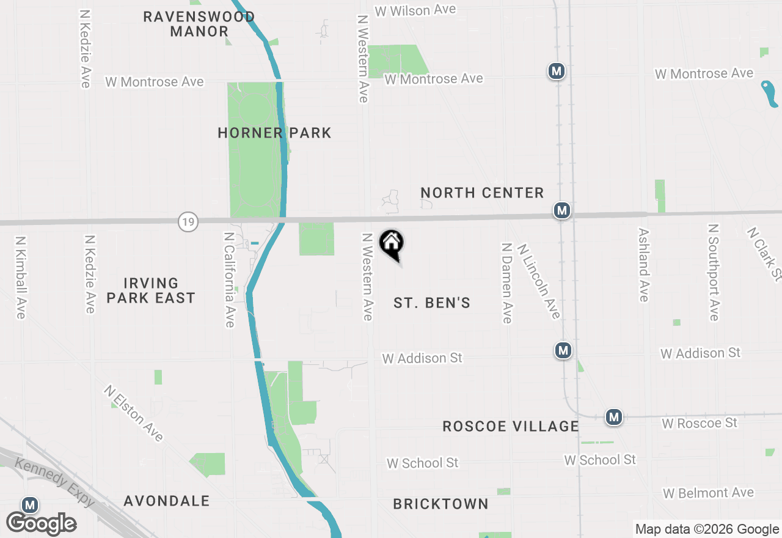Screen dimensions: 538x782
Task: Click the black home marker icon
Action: tap(392, 243)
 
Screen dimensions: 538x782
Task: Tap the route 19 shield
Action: tap(188, 221)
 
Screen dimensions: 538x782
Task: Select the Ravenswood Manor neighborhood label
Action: tap(199, 24)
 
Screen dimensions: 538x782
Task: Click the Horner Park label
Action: tap(274, 133)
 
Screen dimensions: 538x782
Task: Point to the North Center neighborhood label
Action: tap(482, 193)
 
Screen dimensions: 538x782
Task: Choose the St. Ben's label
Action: tap(432, 303)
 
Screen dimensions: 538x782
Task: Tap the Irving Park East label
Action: tap(150, 290)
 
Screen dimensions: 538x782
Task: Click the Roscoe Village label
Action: tap(510, 426)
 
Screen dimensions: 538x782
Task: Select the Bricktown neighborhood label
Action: tap(440, 504)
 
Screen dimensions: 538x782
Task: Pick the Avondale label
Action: tap(166, 501)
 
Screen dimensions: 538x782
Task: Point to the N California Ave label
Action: tap(230, 279)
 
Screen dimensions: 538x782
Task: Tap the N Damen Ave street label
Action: tap(506, 282)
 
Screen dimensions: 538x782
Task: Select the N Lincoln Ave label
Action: tap(538, 281)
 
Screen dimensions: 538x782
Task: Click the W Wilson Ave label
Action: tap(415, 10)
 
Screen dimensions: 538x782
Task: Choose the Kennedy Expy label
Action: tap(55, 482)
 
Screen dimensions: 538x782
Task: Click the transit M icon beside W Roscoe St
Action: tap(614, 417)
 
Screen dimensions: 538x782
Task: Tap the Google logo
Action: tap(42, 523)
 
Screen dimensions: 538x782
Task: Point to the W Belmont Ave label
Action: tap(708, 493)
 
